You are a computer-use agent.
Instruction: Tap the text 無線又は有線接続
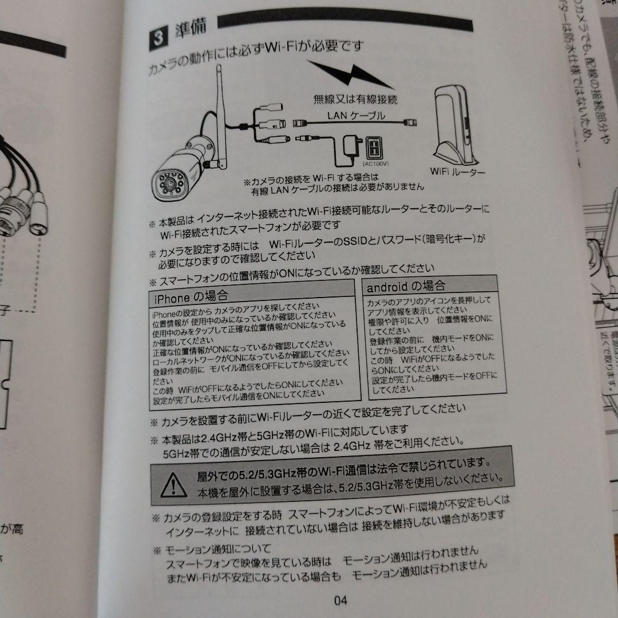point(355,99)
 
